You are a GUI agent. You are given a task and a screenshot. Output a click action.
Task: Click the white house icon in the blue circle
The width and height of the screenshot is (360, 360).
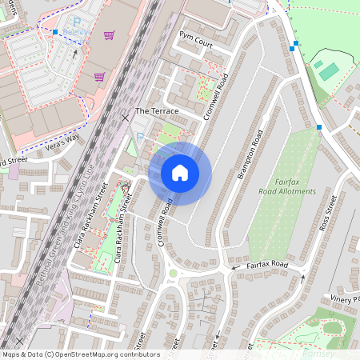point(180,173)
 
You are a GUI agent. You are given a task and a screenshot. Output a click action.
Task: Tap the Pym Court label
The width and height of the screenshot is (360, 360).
point(196,40)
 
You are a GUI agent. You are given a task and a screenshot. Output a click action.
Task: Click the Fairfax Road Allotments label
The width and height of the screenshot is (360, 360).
point(287,187)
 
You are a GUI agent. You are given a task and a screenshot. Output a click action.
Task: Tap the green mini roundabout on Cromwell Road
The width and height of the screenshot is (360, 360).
point(172,273)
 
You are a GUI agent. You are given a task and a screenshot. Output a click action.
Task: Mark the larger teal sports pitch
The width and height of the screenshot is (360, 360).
point(329,71)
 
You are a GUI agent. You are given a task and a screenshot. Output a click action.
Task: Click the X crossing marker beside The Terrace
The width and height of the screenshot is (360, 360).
point(125,118)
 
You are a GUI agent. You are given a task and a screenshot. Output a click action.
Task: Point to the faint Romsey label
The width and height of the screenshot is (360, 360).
point(318,353)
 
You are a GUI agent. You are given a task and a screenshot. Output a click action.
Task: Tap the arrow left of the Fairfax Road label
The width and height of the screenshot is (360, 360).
point(235,267)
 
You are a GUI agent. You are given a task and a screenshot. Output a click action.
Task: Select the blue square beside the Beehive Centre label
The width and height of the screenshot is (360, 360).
point(56,33)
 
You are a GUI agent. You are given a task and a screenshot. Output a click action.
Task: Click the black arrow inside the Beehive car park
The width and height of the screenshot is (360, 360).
point(76,54)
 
